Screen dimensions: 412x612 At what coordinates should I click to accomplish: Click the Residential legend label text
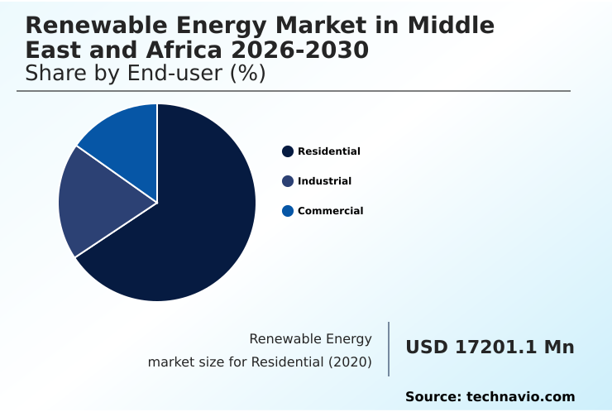pyautogui.click(x=328, y=151)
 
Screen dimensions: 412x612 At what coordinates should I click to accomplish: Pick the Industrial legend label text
pyautogui.click(x=324, y=181)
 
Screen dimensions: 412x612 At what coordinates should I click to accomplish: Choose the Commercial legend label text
pyautogui.click(x=330, y=211)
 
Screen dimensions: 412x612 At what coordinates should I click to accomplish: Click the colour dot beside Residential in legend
pyautogui.click(x=288, y=151)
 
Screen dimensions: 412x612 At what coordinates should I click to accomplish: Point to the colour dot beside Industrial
pyautogui.click(x=288, y=181)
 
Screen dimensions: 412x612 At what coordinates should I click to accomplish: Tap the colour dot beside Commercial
pyautogui.click(x=288, y=211)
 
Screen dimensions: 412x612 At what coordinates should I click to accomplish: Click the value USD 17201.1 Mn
pyautogui.click(x=490, y=347)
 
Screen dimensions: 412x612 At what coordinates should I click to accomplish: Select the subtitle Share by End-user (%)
pyautogui.click(x=145, y=74)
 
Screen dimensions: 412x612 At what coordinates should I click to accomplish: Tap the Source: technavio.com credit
pyautogui.click(x=490, y=397)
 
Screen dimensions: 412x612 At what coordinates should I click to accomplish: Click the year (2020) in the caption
pyautogui.click(x=350, y=362)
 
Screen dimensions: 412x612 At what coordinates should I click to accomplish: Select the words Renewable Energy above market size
pyautogui.click(x=310, y=339)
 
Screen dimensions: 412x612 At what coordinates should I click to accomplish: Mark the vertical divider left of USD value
pyautogui.click(x=389, y=349)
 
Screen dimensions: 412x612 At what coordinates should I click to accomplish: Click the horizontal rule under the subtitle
pyautogui.click(x=294, y=91)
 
